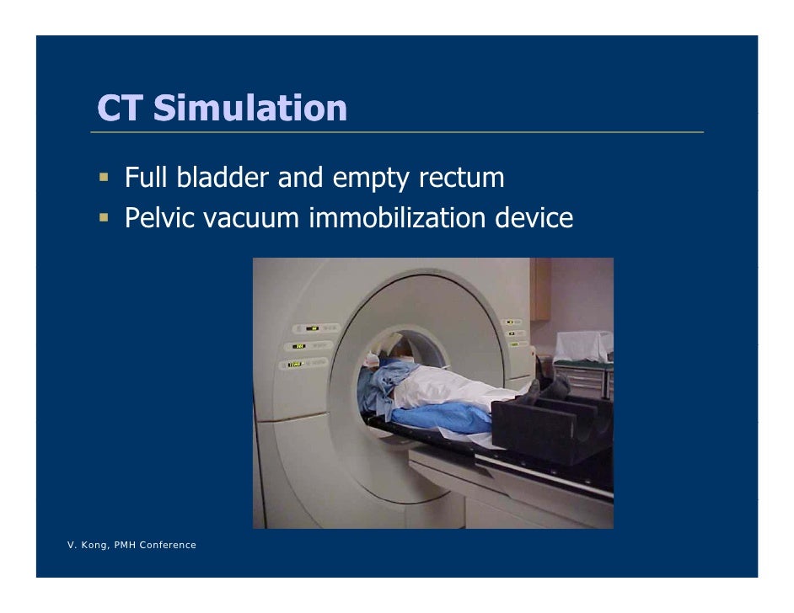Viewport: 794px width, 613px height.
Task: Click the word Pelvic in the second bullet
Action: point(159,219)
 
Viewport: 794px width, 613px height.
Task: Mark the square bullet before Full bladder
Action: point(104,179)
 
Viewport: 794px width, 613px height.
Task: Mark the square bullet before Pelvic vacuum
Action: point(104,218)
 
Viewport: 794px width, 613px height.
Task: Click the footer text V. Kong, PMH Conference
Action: point(131,546)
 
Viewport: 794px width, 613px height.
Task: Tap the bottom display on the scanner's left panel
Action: point(296,364)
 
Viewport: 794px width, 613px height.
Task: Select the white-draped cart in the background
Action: point(583,347)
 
